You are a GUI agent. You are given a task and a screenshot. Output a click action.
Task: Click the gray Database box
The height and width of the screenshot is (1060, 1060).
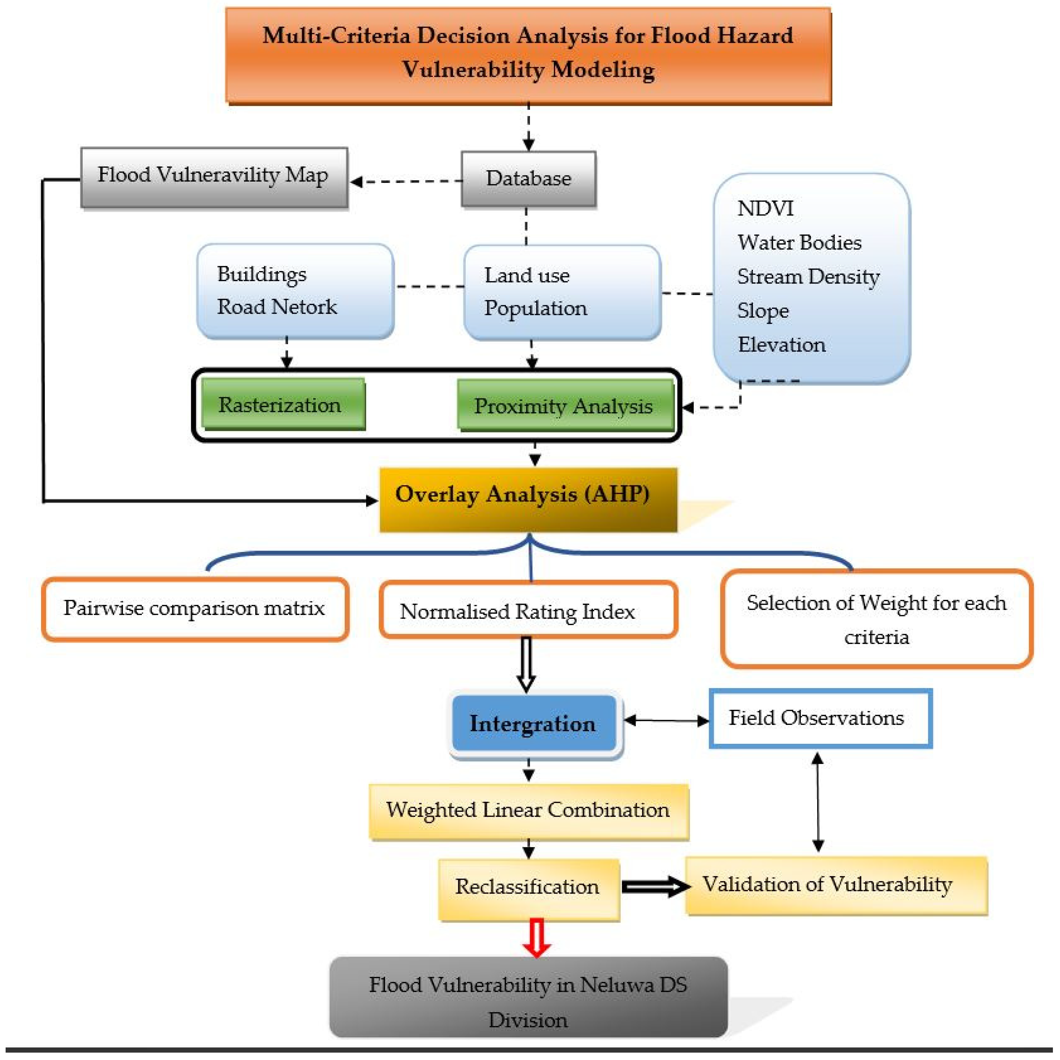point(528,179)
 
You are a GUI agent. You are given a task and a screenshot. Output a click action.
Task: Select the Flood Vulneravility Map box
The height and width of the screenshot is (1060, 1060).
point(214,177)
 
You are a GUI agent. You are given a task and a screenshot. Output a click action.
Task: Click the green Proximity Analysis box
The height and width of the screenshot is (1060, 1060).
point(565,406)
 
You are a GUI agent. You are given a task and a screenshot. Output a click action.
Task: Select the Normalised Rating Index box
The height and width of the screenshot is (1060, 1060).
point(528,610)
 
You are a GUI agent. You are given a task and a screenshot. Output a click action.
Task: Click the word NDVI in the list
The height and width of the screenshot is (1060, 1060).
point(765,209)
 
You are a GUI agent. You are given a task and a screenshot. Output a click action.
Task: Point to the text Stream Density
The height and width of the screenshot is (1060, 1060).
point(808,277)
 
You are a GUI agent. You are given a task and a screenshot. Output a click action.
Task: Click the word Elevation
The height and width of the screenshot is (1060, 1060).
point(781,345)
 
